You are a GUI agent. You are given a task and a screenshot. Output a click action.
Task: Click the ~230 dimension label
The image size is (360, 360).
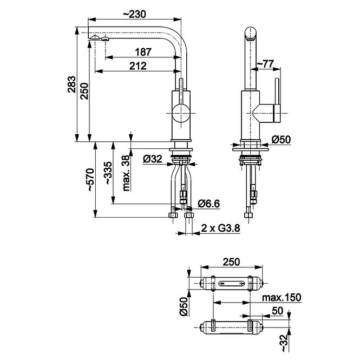pyautogui.click(x=135, y=14)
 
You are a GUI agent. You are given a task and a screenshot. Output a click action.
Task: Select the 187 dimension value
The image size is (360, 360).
pyautogui.click(x=143, y=52)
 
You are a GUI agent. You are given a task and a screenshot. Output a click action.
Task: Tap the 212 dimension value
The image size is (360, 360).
pyautogui.click(x=138, y=66)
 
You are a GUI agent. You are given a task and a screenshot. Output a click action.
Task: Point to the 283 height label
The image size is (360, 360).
pyautogui.click(x=71, y=84)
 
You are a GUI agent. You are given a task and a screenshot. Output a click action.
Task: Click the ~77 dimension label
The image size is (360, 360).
pyautogui.click(x=265, y=63)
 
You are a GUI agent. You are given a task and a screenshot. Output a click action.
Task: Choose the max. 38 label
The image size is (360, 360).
pyautogui.click(x=126, y=173)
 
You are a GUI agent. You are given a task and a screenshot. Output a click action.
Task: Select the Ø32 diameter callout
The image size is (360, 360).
pyautogui.click(x=153, y=159)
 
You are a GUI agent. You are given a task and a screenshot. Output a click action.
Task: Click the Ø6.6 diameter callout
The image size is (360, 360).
pyautogui.click(x=209, y=204)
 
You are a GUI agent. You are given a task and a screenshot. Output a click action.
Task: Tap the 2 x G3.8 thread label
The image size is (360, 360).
pyautogui.click(x=221, y=228)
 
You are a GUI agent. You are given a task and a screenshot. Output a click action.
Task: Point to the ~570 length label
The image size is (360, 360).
pyautogui.click(x=90, y=180)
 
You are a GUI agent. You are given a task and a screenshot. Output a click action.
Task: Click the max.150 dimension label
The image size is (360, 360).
pyautogui.click(x=282, y=297)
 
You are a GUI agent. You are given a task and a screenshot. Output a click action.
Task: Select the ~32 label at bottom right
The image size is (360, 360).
pyautogui.click(x=284, y=343)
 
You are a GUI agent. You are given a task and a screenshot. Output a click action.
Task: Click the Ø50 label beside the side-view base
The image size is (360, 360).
pyautogui.click(x=282, y=139)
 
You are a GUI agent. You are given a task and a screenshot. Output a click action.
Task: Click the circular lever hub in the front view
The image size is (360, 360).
pyautogui.click(x=181, y=114)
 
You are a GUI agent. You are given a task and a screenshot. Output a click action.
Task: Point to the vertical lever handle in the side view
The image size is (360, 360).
pyautogui.click(x=277, y=100)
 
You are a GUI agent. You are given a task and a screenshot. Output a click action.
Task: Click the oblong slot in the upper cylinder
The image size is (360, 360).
pyautogui.click(x=231, y=283)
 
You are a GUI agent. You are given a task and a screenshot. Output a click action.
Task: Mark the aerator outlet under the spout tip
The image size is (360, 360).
pyautogui.click(x=105, y=38)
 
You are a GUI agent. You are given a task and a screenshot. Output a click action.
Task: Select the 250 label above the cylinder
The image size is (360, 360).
pyautogui.click(x=232, y=261)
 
